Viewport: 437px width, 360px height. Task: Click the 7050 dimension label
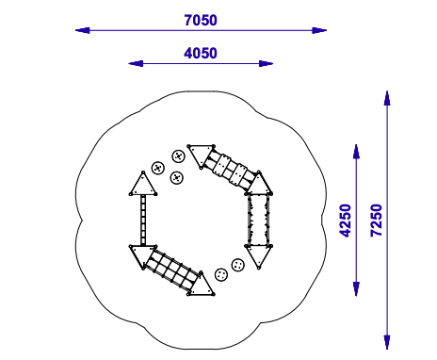[201, 20]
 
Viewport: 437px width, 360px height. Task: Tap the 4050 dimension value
[201, 53]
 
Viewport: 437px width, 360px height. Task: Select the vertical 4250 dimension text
[346, 221]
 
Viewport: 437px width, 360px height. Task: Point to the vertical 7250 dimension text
[377, 221]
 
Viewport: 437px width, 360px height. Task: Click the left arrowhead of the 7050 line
[82, 30]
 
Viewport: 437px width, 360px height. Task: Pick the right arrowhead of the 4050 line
[266, 64]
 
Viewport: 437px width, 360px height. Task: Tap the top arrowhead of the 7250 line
[387, 98]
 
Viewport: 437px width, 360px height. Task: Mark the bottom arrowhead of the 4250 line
[356, 289]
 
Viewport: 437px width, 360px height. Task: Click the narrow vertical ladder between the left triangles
[143, 220]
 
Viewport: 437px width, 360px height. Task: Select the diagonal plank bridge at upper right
[231, 170]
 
